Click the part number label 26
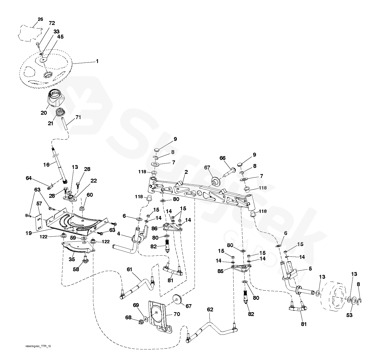(x=40, y=19)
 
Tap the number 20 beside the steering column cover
(x=44, y=113)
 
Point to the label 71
(x=78, y=117)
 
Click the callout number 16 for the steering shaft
(x=46, y=164)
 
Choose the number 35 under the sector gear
(x=72, y=259)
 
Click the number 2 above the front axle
(x=186, y=172)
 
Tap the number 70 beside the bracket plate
(x=177, y=314)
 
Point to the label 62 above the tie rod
(x=210, y=309)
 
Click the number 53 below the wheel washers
(x=349, y=315)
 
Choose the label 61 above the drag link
(x=129, y=269)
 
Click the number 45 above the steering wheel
(x=60, y=37)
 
